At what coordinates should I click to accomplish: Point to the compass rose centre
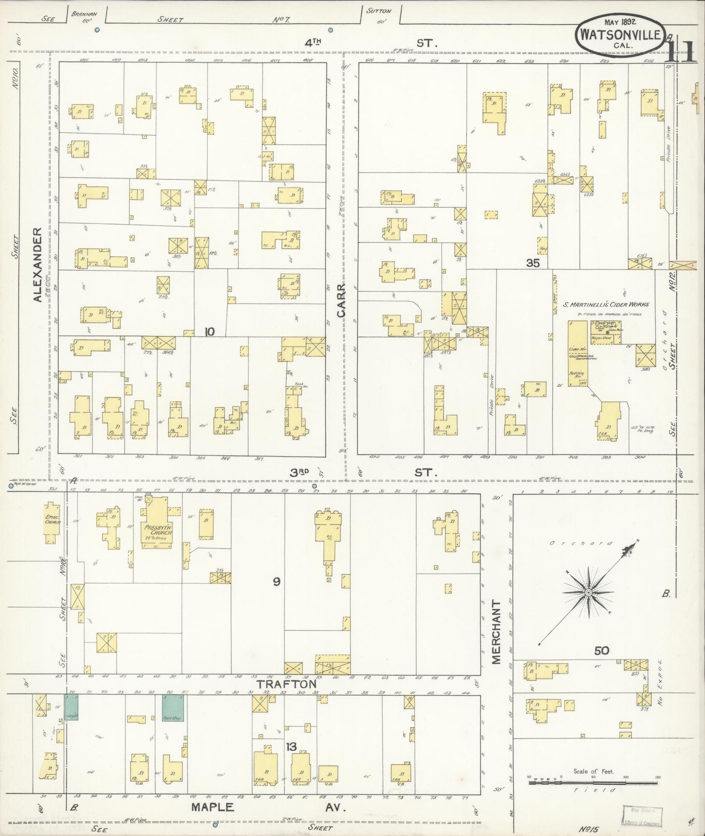point(588,592)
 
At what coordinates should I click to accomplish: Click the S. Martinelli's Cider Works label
point(606,304)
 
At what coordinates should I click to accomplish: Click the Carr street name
point(341,301)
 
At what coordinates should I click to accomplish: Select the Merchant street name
point(497,631)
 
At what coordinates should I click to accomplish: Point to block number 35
point(533,263)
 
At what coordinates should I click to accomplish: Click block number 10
point(209,332)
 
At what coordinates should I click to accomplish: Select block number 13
point(291,747)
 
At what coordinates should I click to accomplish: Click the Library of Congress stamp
point(642,816)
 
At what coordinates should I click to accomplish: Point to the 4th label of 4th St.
point(315,43)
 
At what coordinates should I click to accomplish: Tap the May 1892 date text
point(619,22)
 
